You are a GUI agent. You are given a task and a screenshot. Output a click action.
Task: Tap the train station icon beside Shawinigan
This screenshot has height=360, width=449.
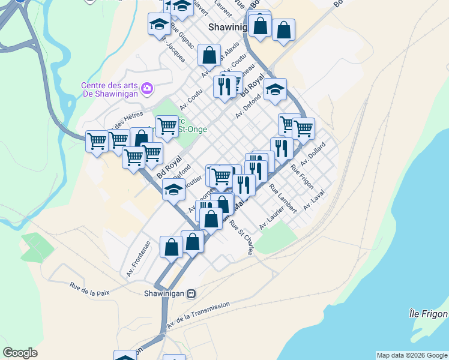(191, 294)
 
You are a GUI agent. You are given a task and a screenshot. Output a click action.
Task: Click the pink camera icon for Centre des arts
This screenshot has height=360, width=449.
(148, 89)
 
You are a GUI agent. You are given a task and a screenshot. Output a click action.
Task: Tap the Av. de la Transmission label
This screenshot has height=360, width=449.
(198, 314)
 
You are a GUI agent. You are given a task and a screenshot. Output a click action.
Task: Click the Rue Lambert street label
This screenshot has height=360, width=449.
(283, 198)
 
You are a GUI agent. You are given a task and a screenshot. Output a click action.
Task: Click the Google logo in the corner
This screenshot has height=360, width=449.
(20, 353)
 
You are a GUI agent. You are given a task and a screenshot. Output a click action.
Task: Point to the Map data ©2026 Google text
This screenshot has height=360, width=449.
(412, 355)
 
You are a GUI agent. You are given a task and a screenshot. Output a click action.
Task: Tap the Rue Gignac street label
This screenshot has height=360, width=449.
(182, 37)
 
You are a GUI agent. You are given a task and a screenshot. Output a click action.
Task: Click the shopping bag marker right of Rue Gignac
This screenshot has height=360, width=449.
(209, 56)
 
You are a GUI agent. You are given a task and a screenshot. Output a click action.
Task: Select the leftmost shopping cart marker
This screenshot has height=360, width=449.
(96, 142)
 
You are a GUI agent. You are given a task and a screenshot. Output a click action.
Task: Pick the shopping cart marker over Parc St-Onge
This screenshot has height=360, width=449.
(167, 126)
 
